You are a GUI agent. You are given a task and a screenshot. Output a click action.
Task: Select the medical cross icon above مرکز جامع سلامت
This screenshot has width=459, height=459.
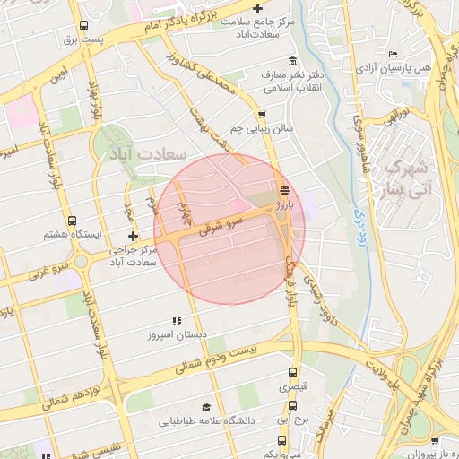[258, 9]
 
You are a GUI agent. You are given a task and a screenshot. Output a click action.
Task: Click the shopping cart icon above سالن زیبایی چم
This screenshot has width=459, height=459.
[262, 114]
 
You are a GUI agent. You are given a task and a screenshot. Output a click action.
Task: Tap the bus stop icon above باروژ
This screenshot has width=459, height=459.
[284, 189]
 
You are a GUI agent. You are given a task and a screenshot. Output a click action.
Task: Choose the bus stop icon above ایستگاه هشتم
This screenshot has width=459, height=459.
[72, 221]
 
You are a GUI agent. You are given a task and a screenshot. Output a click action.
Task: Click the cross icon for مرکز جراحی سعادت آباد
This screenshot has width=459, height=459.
[134, 236]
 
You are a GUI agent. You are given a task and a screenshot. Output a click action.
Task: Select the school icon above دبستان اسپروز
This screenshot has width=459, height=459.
[177, 320]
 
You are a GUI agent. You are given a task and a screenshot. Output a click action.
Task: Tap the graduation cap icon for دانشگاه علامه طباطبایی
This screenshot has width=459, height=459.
[207, 406]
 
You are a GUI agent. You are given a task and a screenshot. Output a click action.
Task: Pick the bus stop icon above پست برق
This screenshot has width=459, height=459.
[83, 25]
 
